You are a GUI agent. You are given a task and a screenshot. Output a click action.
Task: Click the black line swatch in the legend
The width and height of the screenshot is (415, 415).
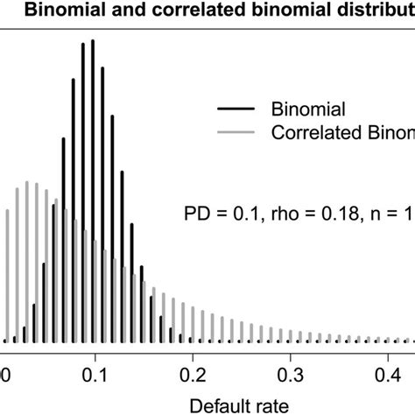point(236,109)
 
